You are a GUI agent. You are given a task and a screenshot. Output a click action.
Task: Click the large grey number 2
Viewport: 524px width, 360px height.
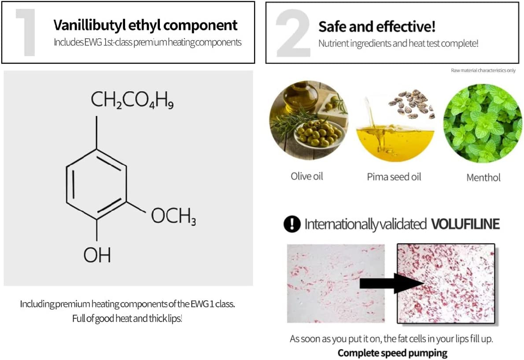tap(292, 33)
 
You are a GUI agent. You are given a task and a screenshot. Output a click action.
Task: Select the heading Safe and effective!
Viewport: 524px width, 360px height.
tap(377, 26)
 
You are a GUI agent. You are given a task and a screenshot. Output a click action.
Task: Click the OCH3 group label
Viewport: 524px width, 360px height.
tap(173, 216)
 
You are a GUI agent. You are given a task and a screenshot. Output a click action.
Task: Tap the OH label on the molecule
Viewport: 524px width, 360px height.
tap(96, 255)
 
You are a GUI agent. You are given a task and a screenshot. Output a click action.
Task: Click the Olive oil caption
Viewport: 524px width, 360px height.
tap(307, 176)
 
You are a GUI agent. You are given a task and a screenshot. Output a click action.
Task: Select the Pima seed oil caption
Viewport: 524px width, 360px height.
tap(394, 177)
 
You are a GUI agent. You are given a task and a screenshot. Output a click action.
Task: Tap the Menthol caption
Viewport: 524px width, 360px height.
tap(483, 178)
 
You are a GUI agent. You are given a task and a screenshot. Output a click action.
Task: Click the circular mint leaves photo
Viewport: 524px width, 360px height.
tap(483, 122)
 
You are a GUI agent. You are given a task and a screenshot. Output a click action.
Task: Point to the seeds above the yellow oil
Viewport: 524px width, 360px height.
tap(412, 104)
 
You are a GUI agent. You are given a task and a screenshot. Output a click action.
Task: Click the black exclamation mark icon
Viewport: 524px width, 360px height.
tap(292, 224)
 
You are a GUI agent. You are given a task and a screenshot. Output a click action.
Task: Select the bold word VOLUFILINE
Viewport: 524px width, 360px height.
tap(465, 224)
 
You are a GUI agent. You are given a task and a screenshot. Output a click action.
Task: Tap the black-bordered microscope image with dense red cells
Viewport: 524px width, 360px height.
tap(446, 283)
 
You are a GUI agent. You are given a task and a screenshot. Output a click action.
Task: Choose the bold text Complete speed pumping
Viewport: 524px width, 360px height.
tap(392, 353)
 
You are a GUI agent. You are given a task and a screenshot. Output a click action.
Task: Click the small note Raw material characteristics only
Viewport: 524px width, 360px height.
tap(483, 71)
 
